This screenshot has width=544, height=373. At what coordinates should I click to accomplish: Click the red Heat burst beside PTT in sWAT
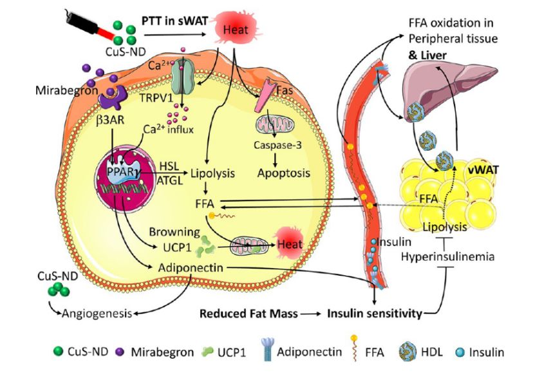[x=237, y=28]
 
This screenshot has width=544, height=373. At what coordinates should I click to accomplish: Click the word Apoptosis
[x=283, y=173]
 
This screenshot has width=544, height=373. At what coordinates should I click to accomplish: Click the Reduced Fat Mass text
[x=249, y=314]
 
